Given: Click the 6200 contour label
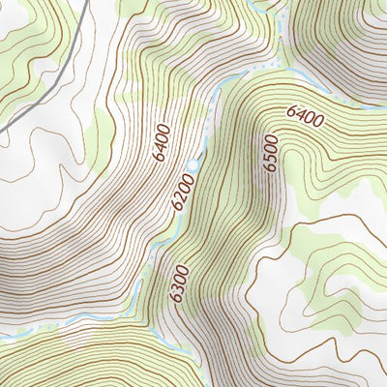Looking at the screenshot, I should coord(180,194).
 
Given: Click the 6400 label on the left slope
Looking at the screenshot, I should coord(161,143).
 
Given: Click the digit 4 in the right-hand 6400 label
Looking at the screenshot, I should coord(298,111).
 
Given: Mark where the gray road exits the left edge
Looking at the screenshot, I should coord(2,129).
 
